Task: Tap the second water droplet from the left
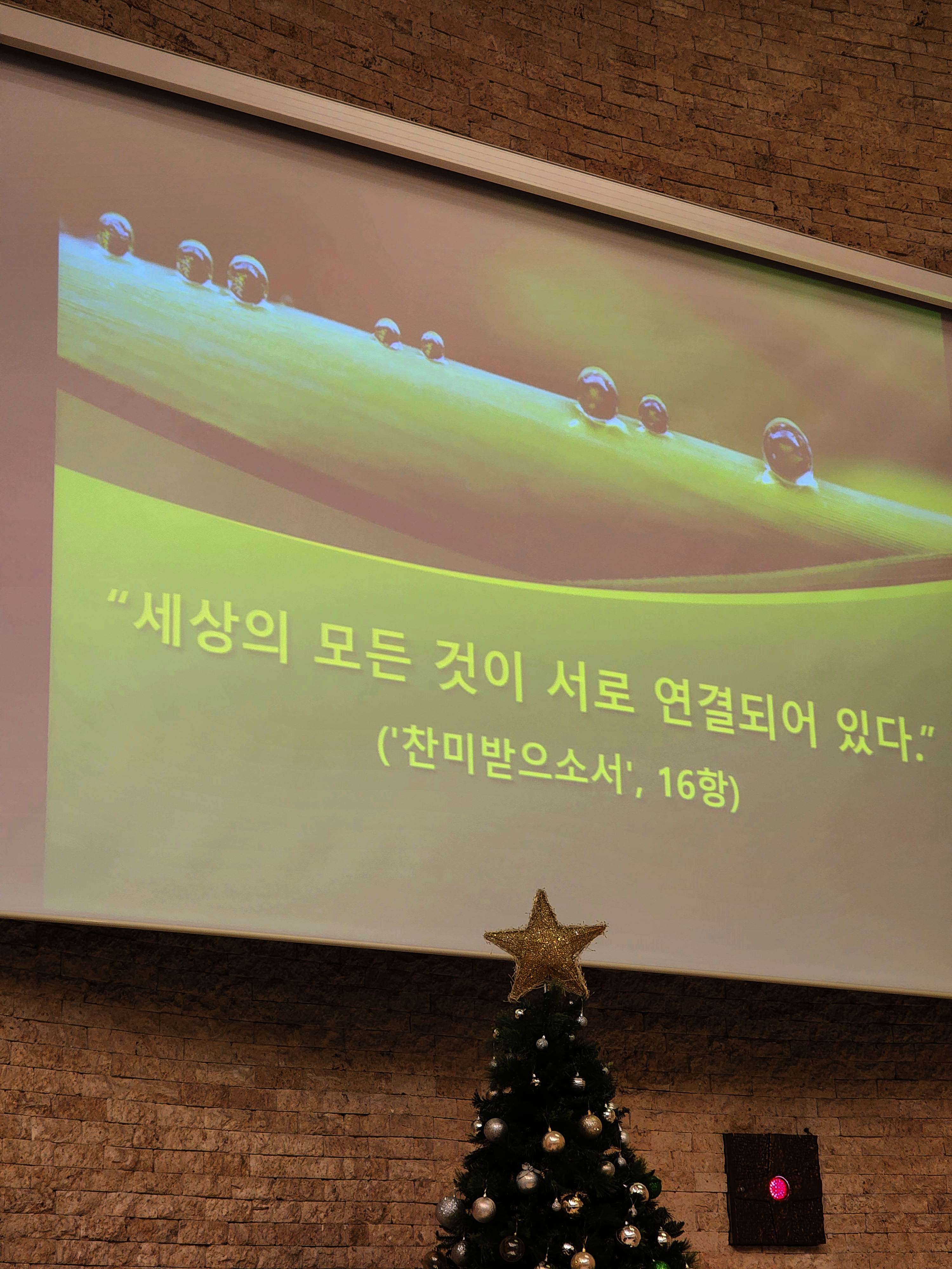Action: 194,262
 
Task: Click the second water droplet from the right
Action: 652,414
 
